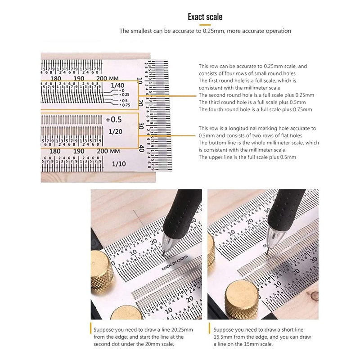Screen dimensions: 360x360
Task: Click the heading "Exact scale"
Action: click(205, 17)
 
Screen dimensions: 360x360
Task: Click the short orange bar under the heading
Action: click(205, 24)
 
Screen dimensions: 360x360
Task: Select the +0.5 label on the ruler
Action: click(113, 120)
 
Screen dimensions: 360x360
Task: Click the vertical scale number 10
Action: click(140, 82)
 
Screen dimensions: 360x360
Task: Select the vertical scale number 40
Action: click(142, 148)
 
